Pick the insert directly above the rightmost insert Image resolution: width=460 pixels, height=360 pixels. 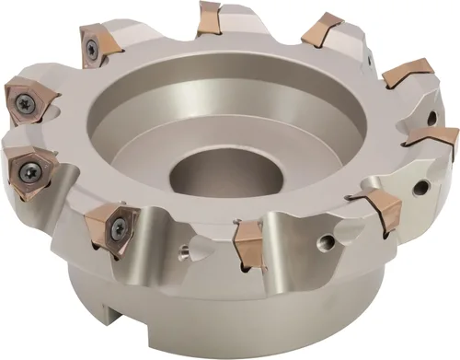tap(408, 74)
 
